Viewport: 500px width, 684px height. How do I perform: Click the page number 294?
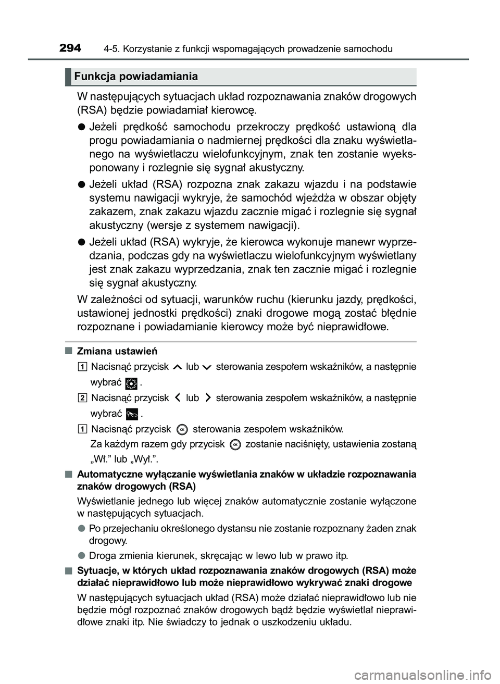click(70, 48)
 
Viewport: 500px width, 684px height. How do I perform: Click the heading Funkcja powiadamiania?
click(135, 77)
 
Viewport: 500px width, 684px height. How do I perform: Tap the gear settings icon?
click(131, 383)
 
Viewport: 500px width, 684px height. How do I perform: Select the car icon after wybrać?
click(132, 414)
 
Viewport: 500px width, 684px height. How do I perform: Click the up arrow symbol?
click(177, 367)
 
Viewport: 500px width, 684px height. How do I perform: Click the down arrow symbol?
click(208, 367)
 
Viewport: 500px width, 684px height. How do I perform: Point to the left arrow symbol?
click(178, 398)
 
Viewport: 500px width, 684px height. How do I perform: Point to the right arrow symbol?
click(208, 398)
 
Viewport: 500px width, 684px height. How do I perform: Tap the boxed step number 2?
click(83, 398)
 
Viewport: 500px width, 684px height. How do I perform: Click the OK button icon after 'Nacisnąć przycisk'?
click(182, 429)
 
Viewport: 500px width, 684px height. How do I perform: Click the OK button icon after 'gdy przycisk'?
click(235, 444)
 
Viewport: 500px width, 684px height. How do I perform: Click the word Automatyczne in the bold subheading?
click(107, 474)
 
